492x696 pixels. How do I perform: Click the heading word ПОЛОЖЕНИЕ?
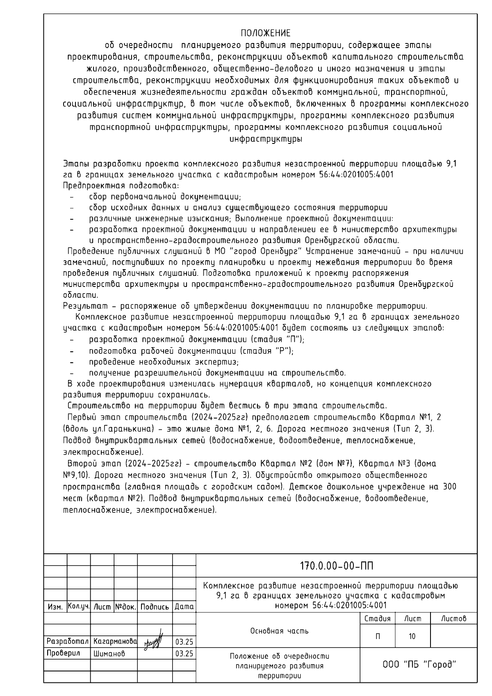pyautogui.click(x=265, y=33)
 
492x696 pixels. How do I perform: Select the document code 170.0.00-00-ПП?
pyautogui.click(x=337, y=566)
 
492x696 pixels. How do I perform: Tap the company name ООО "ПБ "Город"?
pyautogui.click(x=419, y=664)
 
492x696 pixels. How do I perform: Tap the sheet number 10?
pyautogui.click(x=412, y=636)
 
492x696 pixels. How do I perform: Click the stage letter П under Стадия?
pyautogui.click(x=377, y=636)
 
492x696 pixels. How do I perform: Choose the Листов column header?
pyautogui.click(x=454, y=619)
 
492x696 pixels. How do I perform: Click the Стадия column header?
pyautogui.click(x=377, y=619)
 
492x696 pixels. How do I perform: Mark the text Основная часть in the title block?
pyautogui.click(x=279, y=631)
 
